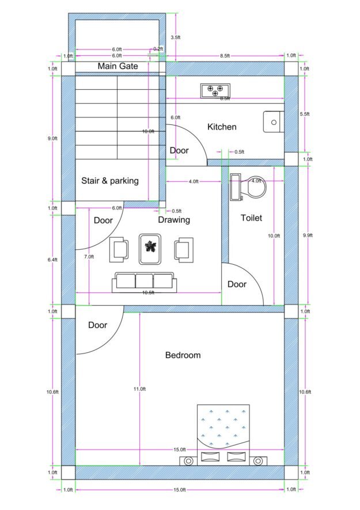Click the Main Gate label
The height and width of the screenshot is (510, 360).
tap(118, 66)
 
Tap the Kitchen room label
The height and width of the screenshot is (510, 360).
tap(222, 127)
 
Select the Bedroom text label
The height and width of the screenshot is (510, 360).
tap(183, 355)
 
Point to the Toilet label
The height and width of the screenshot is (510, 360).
tap(251, 218)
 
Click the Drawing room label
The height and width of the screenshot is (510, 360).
tap(174, 220)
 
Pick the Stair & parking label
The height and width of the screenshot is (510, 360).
tap(110, 181)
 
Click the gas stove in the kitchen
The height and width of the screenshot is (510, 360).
tap(215, 91)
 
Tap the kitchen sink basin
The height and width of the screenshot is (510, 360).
tap(274, 122)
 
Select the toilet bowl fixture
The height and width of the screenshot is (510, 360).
tap(257, 187)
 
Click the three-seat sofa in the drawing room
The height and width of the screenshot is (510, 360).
tap(144, 282)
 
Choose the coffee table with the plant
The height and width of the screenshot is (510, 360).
tap(150, 249)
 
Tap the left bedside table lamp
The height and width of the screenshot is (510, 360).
tap(188, 461)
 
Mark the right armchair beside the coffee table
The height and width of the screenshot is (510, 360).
tap(184, 250)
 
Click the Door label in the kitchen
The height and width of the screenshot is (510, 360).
tap(179, 151)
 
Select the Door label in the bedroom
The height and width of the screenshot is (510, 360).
tap(98, 325)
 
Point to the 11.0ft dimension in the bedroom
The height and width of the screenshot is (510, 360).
tap(139, 389)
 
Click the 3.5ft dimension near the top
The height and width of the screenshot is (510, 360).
tap(176, 37)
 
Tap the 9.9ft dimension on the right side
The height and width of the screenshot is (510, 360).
tap(308, 235)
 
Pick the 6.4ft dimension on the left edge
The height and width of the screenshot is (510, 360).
tap(52, 260)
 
